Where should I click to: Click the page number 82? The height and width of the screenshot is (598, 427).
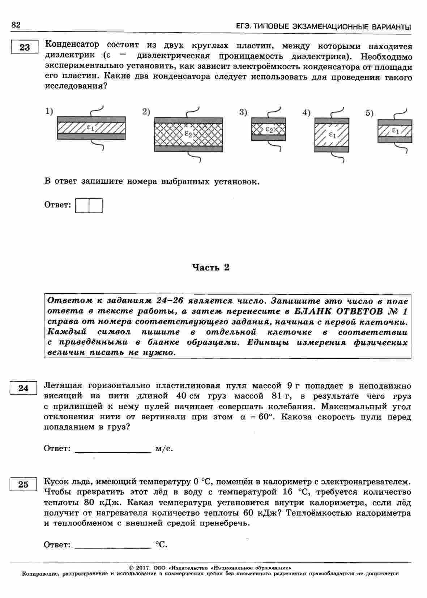tap(16, 25)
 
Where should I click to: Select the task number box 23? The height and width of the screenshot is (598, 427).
tap(25, 47)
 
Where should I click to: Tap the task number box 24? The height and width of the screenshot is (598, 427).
tap(23, 388)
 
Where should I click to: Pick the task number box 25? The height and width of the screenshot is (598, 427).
tap(23, 484)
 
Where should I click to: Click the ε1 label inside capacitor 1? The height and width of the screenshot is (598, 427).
tap(91, 127)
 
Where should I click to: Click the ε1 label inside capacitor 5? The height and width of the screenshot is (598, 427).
tap(395, 131)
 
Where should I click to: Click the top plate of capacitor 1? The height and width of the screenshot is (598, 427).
tap(91, 119)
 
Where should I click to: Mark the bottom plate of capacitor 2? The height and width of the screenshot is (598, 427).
tap(188, 148)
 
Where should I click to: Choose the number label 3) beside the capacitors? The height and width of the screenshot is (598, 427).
tap(243, 112)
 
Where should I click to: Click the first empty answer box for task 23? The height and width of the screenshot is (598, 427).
tap(82, 205)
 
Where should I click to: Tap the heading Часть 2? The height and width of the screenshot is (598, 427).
tap(211, 268)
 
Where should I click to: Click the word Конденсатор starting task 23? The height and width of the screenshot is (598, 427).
tap(72, 45)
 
